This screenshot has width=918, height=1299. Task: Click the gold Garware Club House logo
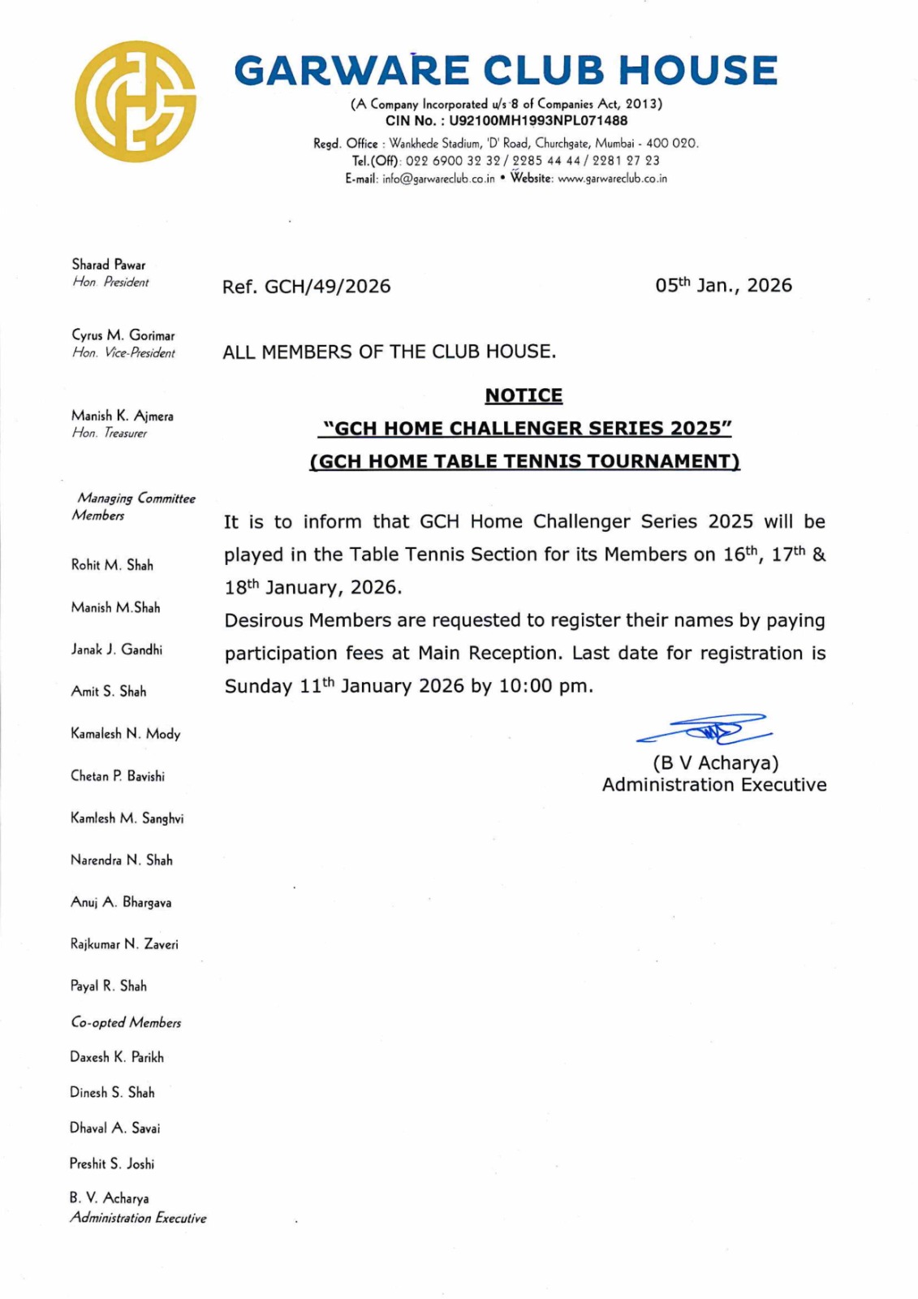click(x=135, y=101)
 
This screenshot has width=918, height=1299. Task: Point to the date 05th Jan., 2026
click(x=723, y=285)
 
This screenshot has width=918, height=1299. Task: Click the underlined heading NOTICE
click(x=524, y=395)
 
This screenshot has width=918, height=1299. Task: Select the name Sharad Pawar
click(x=109, y=265)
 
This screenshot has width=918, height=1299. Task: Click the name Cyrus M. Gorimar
click(x=123, y=335)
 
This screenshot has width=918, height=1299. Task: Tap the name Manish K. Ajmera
click(x=122, y=416)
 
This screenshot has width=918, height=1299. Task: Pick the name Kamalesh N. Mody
click(x=125, y=734)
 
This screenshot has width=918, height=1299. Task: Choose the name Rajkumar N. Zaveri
click(x=124, y=944)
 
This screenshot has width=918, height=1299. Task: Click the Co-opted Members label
click(x=126, y=1023)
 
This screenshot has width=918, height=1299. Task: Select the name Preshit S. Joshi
click(x=112, y=1163)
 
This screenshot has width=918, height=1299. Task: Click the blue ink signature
click(x=705, y=729)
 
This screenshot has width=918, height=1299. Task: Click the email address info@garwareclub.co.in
click(x=438, y=179)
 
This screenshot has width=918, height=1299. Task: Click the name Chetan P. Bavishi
click(x=118, y=776)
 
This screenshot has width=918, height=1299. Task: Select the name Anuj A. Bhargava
click(x=121, y=902)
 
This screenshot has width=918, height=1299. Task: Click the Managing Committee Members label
click(x=134, y=507)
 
